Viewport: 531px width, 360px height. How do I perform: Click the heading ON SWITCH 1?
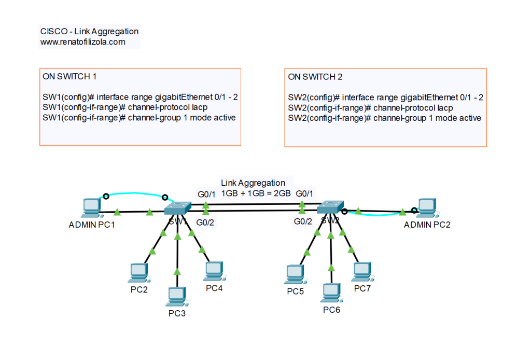point(69,77)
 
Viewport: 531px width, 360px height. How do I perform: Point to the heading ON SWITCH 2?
point(315,77)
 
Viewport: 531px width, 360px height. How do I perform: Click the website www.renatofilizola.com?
point(83,42)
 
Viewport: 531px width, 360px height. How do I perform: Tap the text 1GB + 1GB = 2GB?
point(256,193)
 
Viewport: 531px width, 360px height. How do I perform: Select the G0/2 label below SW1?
point(205,222)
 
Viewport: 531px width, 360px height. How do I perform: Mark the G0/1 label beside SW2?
point(304,193)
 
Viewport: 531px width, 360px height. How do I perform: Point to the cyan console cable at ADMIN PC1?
point(135,193)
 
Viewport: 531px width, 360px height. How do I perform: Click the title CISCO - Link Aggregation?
point(89,32)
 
